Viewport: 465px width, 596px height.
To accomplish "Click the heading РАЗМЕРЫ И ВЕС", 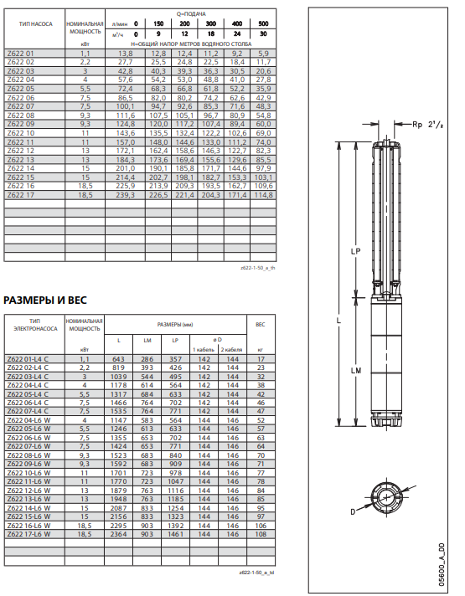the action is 45,301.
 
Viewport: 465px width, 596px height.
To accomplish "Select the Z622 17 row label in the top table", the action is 21,195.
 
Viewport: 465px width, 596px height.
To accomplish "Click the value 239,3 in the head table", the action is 125,195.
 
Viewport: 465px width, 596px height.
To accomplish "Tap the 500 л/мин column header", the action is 263,23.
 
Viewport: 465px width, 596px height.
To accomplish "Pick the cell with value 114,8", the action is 263,195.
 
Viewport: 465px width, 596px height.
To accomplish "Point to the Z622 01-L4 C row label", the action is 28,359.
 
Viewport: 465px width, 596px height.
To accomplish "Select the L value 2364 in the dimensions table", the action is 119,534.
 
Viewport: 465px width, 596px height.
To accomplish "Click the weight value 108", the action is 261,534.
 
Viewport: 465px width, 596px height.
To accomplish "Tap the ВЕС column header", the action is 261,325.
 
